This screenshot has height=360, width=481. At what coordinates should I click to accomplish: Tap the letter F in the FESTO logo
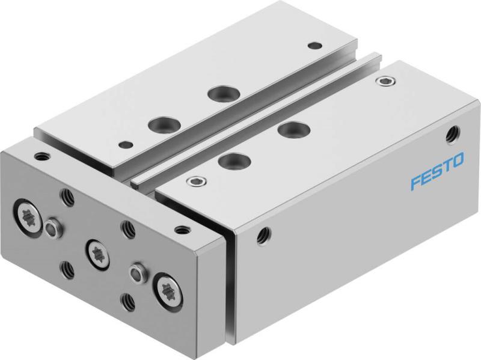[x=415, y=181]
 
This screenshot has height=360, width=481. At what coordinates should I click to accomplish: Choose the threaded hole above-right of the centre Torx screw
[x=127, y=228]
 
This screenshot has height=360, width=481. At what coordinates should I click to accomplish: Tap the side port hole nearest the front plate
[x=262, y=233]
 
